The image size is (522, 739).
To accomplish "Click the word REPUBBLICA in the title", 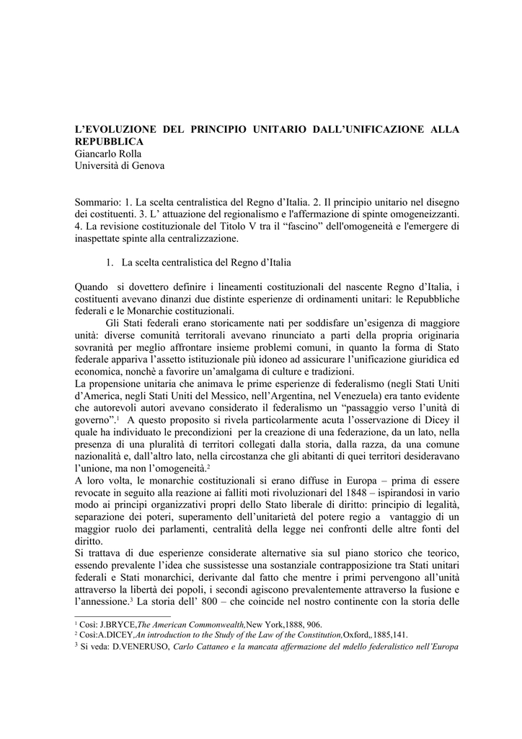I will pyautogui.click(x=108, y=141).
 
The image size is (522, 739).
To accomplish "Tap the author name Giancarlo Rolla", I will pyautogui.click(x=108, y=154).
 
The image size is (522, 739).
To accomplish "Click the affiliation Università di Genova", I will pyautogui.click(x=120, y=166).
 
